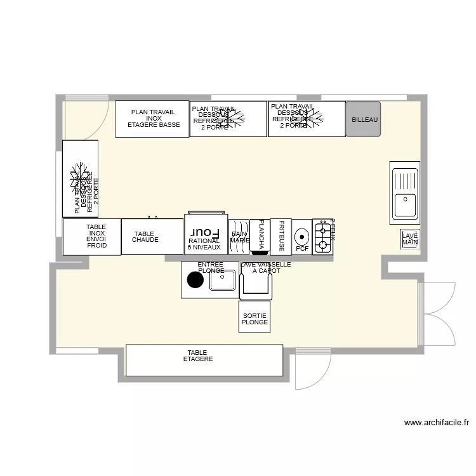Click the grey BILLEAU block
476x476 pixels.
coord(363,119)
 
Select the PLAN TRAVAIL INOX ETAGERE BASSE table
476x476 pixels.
coord(152,119)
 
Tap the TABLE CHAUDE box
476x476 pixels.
coord(152,237)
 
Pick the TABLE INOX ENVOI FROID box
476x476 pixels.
coord(92,237)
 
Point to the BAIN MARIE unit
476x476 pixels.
coord(239,237)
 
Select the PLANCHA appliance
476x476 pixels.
coord(260,237)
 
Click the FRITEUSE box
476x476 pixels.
coord(281,237)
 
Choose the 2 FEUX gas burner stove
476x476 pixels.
coord(322,237)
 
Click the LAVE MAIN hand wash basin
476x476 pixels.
coord(410,239)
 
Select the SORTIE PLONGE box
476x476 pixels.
coord(255,317)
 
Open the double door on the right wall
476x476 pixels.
coord(437,314)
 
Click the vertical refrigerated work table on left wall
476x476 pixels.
coord(80,178)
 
